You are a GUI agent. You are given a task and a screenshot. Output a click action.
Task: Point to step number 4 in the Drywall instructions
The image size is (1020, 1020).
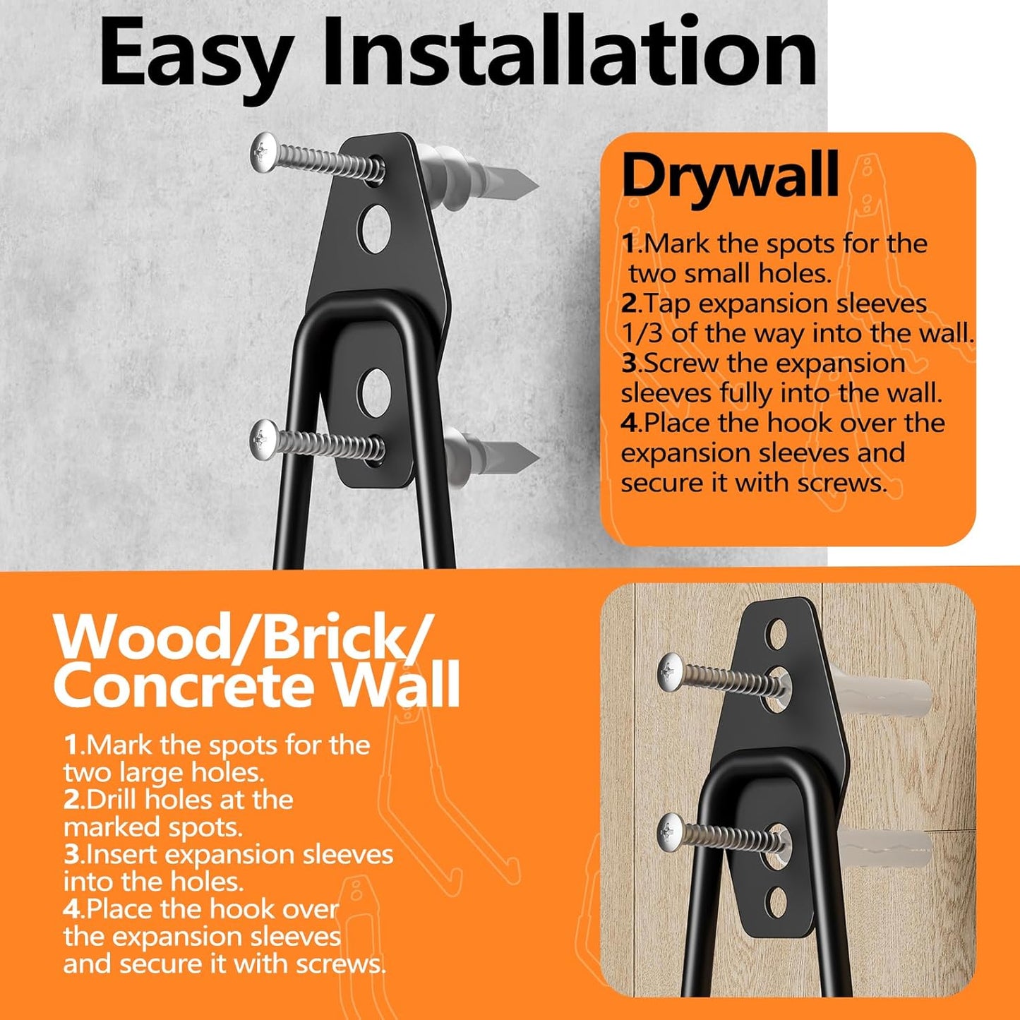pyautogui.click(x=629, y=423)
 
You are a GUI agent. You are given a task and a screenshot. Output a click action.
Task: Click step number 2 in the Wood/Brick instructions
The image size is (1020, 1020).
pyautogui.click(x=73, y=800)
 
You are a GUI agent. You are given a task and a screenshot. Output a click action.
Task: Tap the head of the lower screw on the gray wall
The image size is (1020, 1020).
pyautogui.click(x=265, y=438)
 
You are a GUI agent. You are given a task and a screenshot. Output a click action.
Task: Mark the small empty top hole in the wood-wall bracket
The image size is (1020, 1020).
pyautogui.click(x=777, y=629)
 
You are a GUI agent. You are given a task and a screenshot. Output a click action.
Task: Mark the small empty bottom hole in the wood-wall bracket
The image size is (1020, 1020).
pyautogui.click(x=776, y=903)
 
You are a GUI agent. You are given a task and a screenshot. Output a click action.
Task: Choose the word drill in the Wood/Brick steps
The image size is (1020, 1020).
pyautogui.click(x=111, y=800)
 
